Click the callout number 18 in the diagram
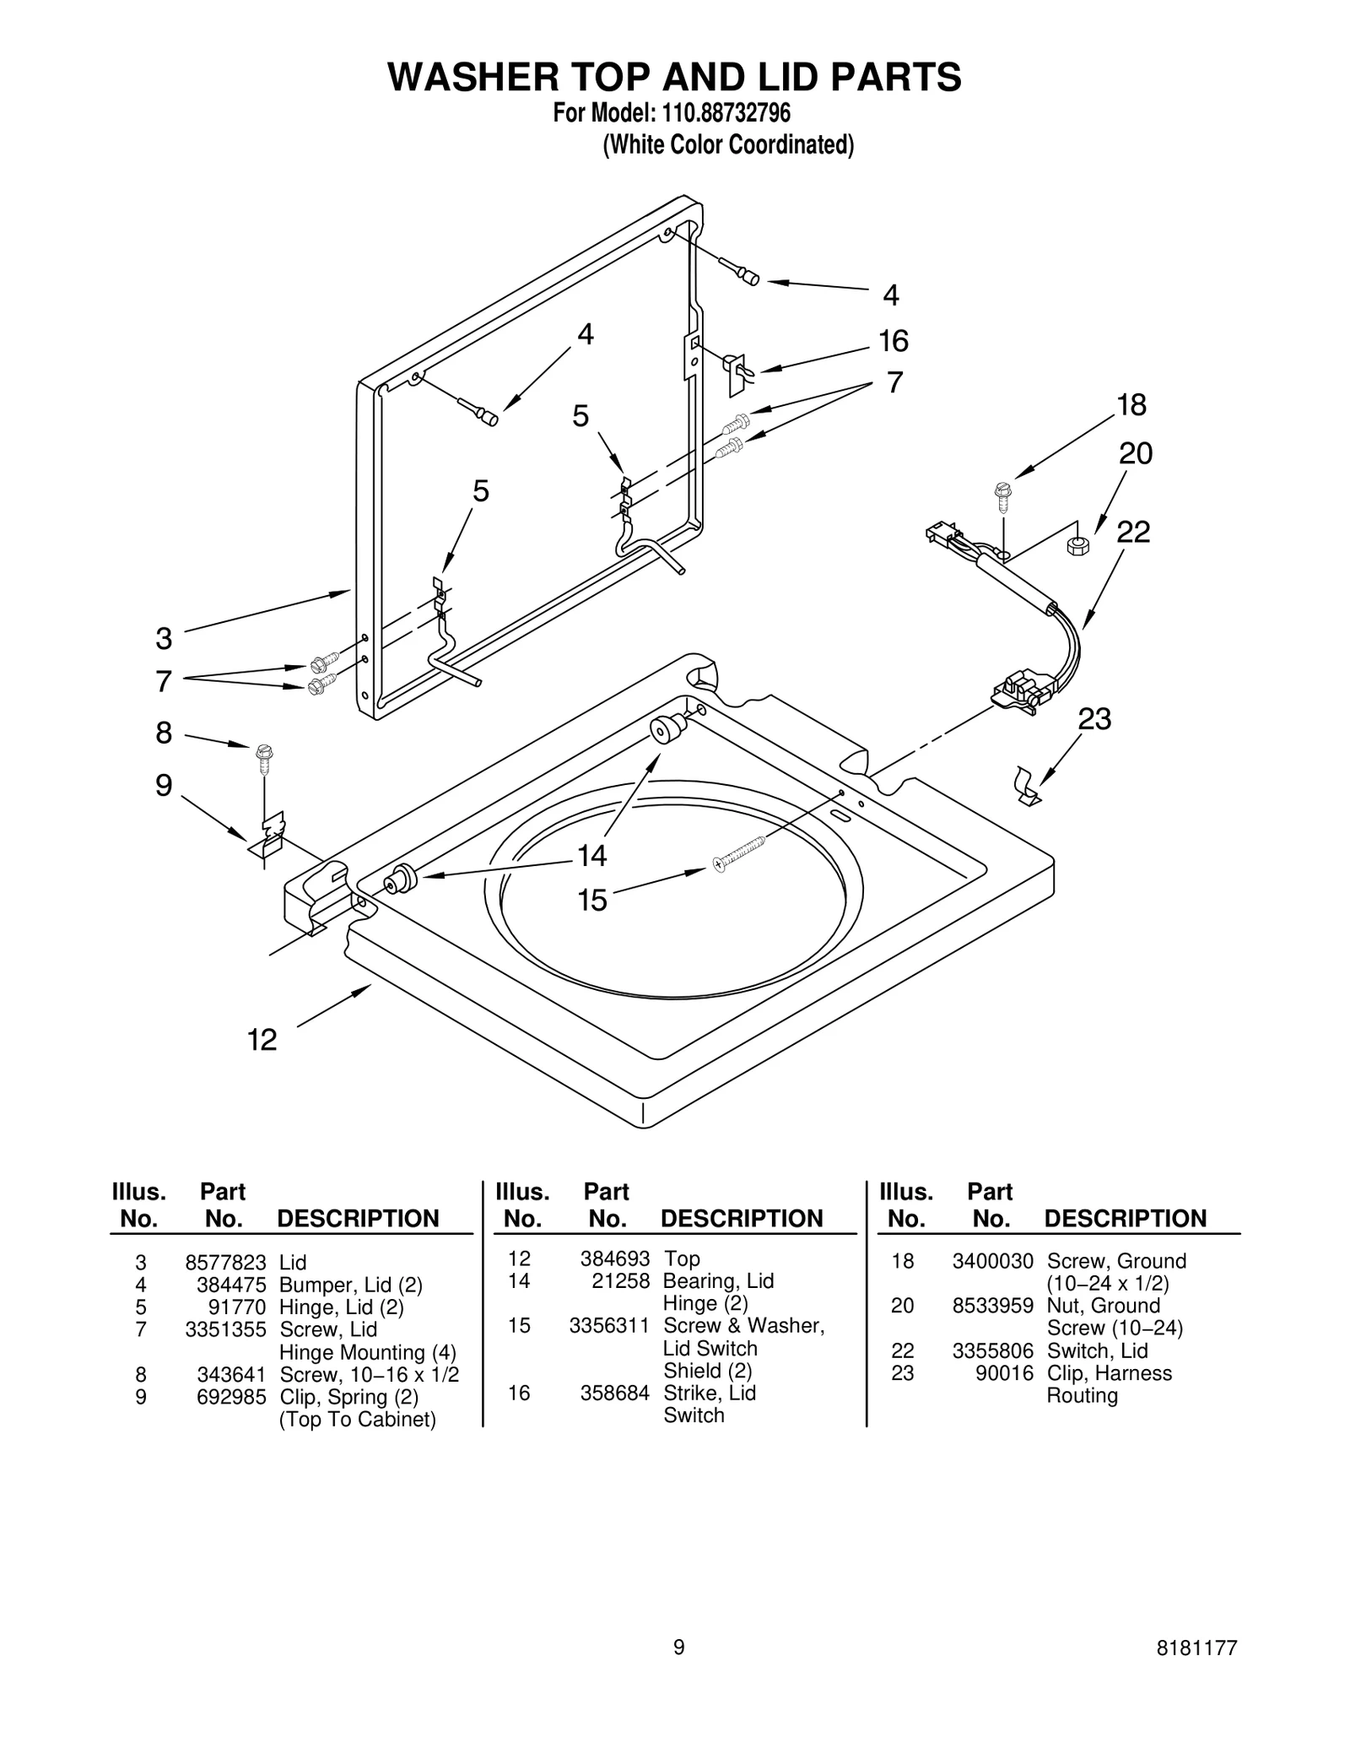pyautogui.click(x=1131, y=405)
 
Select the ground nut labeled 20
pyautogui.click(x=1078, y=544)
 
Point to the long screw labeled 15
pyautogui.click(x=740, y=853)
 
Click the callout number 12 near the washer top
pyautogui.click(x=262, y=1040)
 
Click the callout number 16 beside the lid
pyautogui.click(x=894, y=341)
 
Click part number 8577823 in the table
pyautogui.click(x=225, y=1263)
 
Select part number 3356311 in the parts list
pyautogui.click(x=609, y=1325)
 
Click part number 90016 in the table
pyautogui.click(x=1004, y=1373)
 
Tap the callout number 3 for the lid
pyautogui.click(x=164, y=639)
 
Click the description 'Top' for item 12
pyautogui.click(x=682, y=1258)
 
